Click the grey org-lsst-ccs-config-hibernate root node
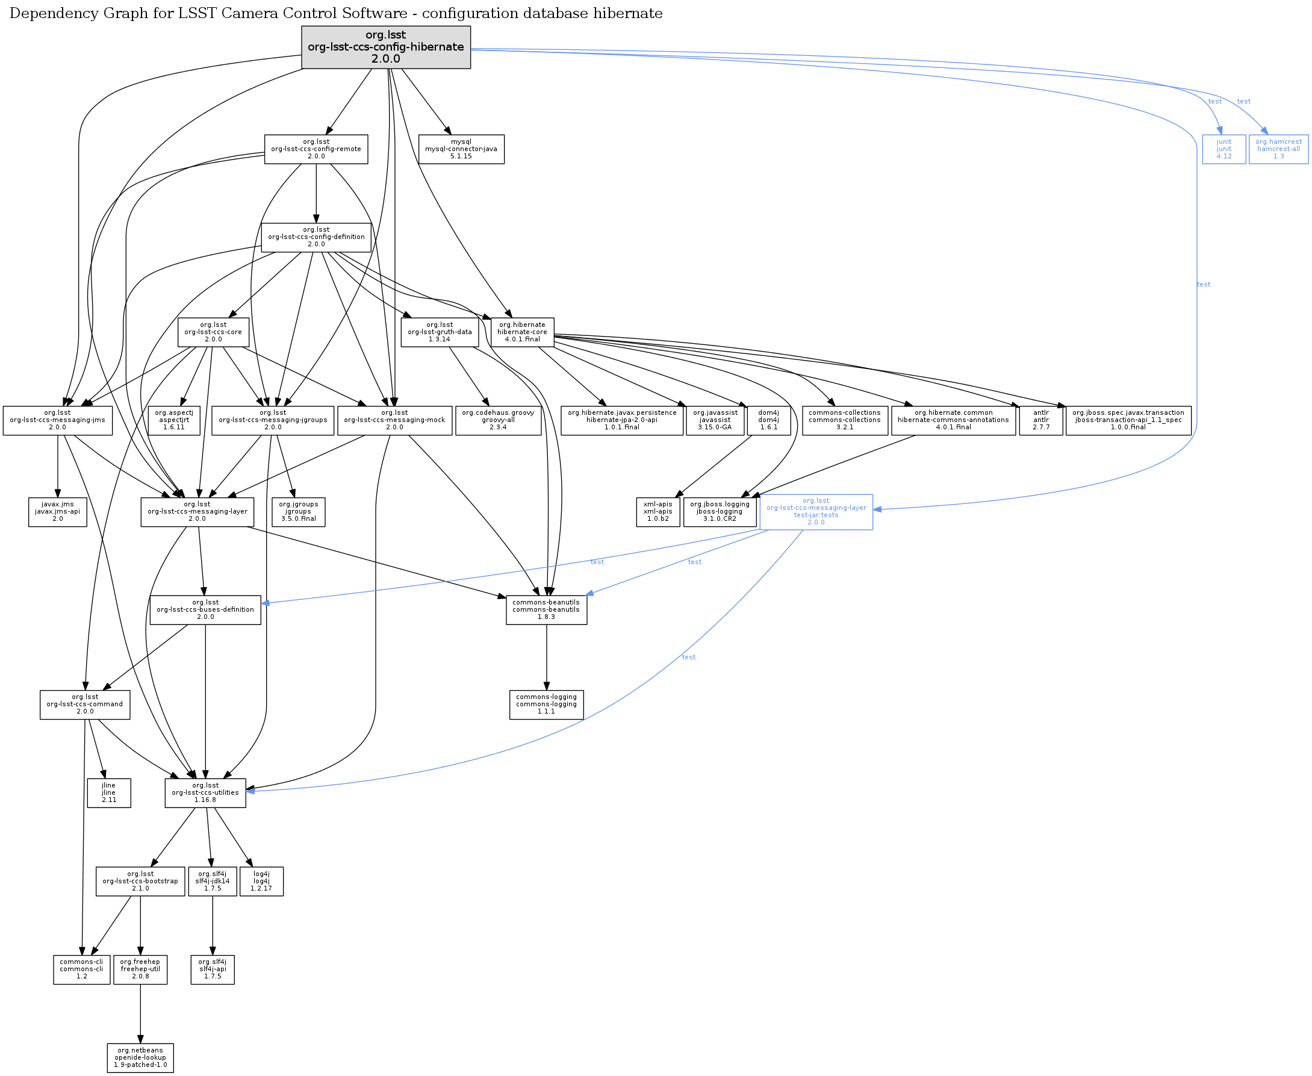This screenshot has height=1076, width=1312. point(385,47)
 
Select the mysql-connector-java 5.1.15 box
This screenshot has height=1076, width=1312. point(461,149)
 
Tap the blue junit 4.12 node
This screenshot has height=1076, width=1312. point(1223,149)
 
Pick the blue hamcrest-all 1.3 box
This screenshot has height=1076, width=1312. point(1278,149)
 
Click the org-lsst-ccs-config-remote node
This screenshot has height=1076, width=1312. point(316,149)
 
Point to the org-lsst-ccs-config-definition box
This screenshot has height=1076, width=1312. point(316,237)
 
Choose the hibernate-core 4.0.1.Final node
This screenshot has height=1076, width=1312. point(522,332)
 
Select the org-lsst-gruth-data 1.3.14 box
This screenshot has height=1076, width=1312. point(440,332)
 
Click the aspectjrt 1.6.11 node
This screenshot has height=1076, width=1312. point(172,420)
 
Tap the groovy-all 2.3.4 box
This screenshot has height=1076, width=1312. point(498,420)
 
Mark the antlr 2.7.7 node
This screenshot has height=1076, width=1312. point(1040,420)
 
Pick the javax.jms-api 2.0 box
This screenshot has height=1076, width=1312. point(58,512)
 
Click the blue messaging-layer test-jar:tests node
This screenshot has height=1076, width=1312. point(816,512)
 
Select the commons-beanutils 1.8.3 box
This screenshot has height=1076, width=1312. point(546,610)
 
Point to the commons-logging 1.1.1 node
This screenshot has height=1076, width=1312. point(546,704)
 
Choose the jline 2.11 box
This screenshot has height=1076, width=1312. point(108,793)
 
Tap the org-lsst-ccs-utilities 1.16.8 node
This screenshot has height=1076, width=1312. point(205,793)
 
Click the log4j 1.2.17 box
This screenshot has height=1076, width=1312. point(261,882)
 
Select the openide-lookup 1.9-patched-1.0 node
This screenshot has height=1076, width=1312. point(140,1058)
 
